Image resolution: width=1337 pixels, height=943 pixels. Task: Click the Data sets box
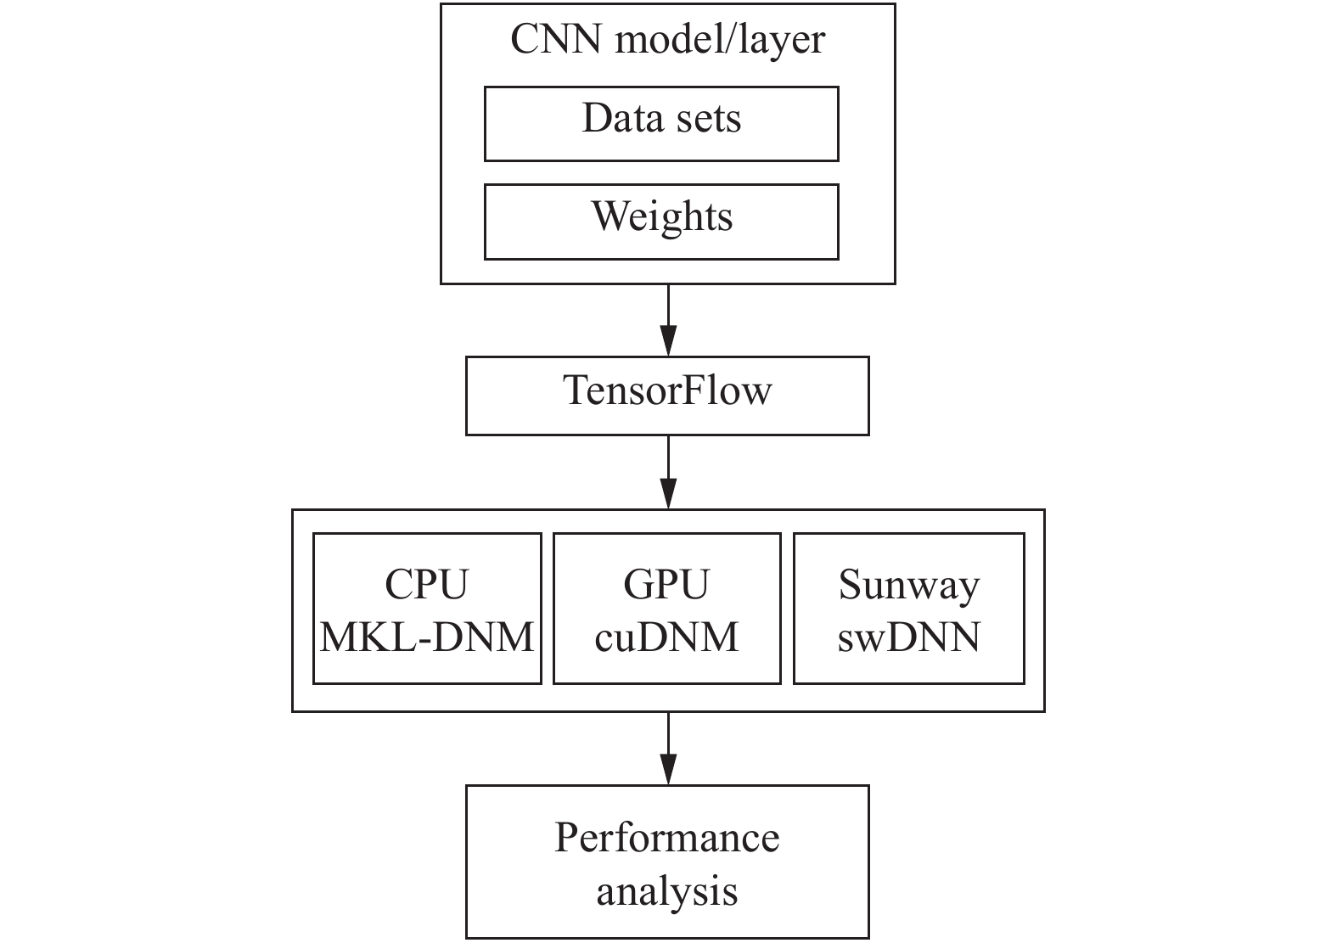coord(661,124)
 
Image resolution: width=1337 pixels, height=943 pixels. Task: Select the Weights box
coord(661,222)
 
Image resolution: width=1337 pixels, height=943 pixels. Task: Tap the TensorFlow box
coord(667,396)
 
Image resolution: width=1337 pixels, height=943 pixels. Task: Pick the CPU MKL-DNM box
coord(427,609)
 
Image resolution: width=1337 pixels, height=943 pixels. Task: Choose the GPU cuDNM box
coord(667,609)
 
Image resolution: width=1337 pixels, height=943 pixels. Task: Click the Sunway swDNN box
coord(909,609)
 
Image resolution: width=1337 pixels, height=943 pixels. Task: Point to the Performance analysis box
coord(667,862)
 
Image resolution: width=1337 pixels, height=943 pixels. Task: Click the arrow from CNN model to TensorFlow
coord(669,321)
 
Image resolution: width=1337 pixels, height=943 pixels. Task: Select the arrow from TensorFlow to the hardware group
coord(669,472)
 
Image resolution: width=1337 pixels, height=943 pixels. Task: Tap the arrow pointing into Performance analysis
coord(669,749)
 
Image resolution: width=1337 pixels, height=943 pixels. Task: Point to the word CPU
coord(427,584)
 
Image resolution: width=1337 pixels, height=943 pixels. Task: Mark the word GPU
coord(666,584)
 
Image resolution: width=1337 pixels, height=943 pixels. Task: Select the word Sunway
coord(909,587)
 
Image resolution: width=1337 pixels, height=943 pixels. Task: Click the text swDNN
coord(909,637)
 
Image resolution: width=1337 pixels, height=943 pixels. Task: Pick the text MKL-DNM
coord(427,637)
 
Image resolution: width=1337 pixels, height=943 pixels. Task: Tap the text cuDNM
coord(666,637)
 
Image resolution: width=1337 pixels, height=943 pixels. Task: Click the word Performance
coord(667,838)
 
